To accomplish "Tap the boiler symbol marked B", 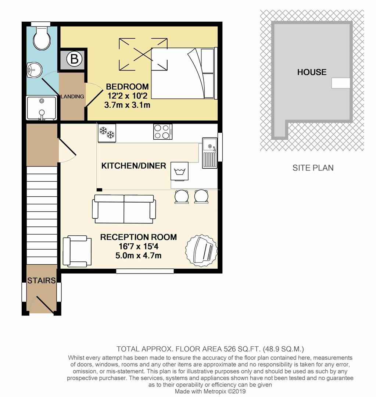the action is (x=74, y=59).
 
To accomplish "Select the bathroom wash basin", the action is (x=34, y=69).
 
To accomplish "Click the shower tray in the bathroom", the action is (x=42, y=108).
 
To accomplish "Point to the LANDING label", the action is (x=72, y=96).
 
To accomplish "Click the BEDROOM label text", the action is (x=127, y=87).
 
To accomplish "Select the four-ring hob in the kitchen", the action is (x=163, y=132).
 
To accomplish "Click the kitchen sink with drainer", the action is (x=210, y=153).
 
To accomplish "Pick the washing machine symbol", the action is (x=179, y=171).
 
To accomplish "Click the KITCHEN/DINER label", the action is (x=134, y=166).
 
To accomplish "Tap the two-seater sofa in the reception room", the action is (x=124, y=209).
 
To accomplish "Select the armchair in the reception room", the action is (x=77, y=251).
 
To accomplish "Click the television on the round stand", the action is (x=201, y=251).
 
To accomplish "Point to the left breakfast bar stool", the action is (x=182, y=197).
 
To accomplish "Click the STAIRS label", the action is (x=42, y=280).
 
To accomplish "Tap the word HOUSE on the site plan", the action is (x=312, y=72).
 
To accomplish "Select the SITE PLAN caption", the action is (x=313, y=168).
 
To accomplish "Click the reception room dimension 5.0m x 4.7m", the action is (x=138, y=256).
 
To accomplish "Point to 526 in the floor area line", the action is (x=229, y=349).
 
